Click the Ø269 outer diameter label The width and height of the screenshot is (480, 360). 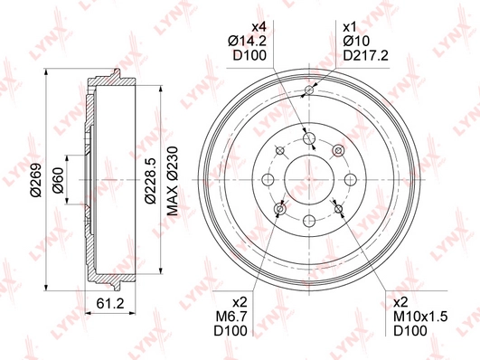[x=36, y=180]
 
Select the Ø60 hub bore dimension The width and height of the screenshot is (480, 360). [x=58, y=180]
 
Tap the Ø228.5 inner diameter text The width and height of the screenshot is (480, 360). [x=151, y=181]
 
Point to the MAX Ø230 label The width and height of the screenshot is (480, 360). [x=172, y=181]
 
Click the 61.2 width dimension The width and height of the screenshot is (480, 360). [x=110, y=303]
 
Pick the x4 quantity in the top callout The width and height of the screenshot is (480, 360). [x=259, y=27]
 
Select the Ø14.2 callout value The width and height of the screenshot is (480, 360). [x=247, y=41]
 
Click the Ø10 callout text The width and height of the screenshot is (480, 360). [x=356, y=41]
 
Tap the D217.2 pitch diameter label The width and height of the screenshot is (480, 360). [x=365, y=55]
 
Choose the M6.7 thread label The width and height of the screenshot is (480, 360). [x=231, y=317]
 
